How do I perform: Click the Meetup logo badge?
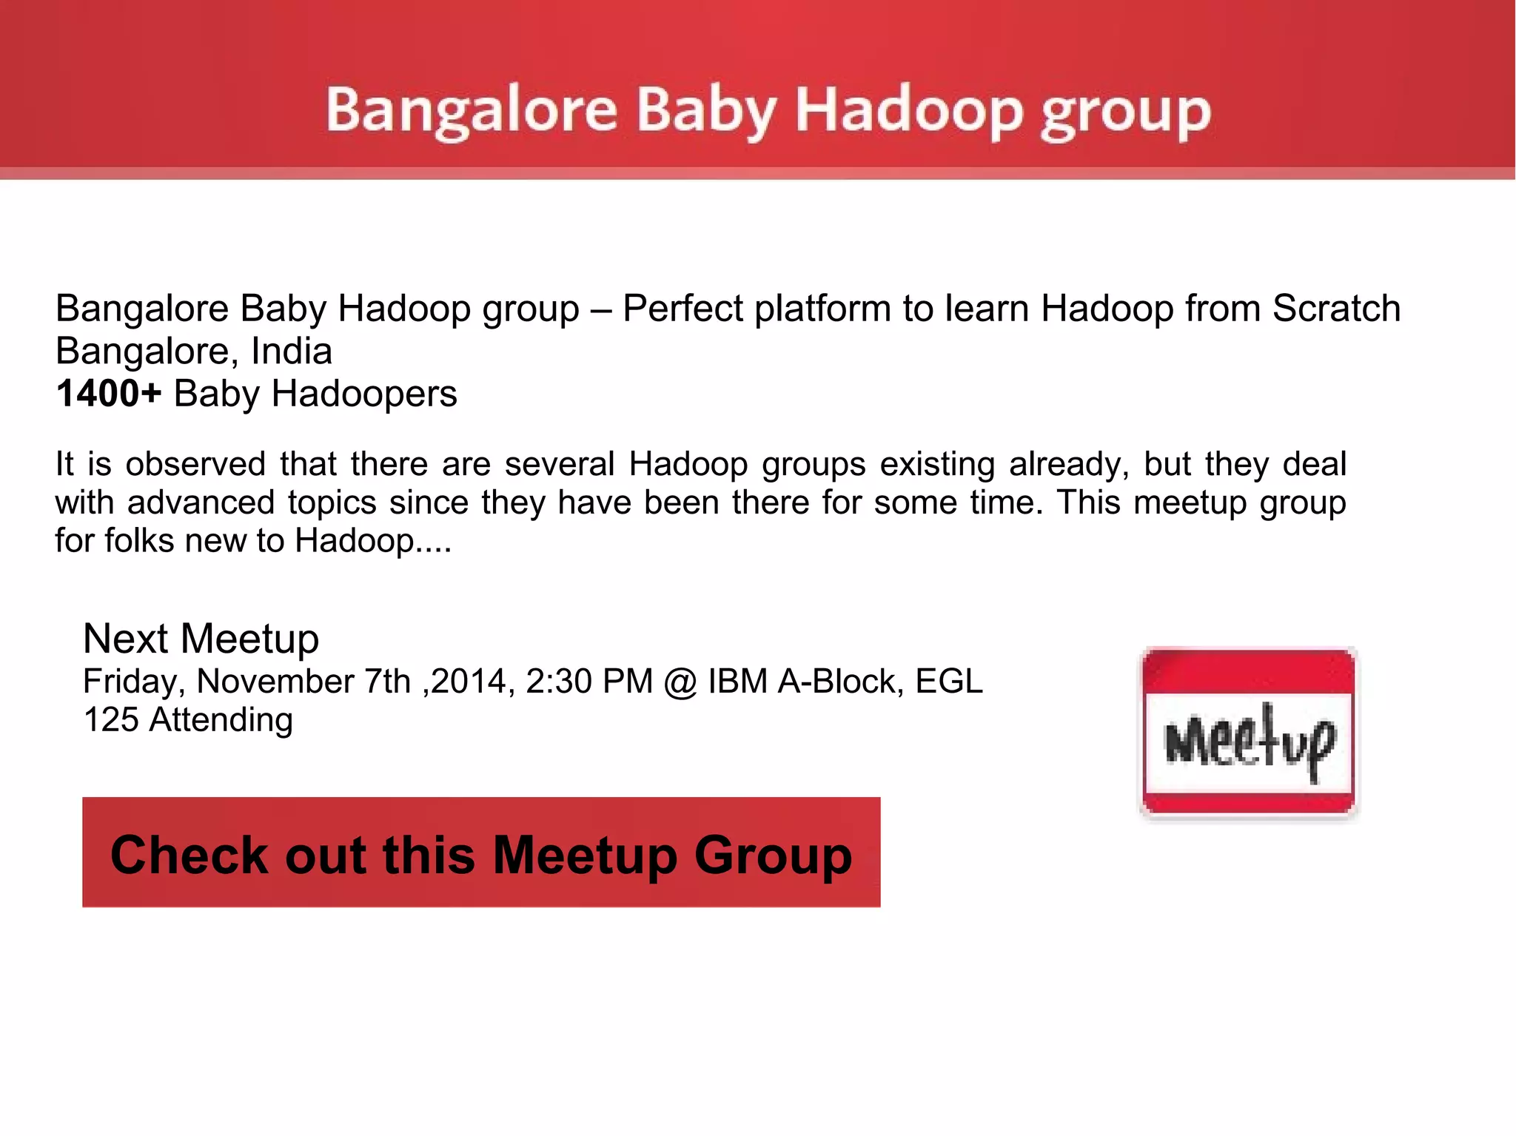pyautogui.click(x=1249, y=733)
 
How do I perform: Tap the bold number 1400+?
pyautogui.click(x=108, y=394)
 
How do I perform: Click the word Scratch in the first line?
pyautogui.click(x=1336, y=309)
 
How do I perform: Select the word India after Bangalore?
pyautogui.click(x=292, y=352)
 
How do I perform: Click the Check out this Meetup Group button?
pyautogui.click(x=481, y=853)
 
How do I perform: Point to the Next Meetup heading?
pyautogui.click(x=201, y=638)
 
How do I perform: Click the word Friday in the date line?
pyautogui.click(x=133, y=682)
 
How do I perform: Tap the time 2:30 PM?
pyautogui.click(x=589, y=682)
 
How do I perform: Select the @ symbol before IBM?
pyautogui.click(x=680, y=682)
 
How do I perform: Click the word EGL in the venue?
pyautogui.click(x=949, y=682)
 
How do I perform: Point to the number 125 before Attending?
pyautogui.click(x=111, y=720)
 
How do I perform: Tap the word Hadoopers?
pyautogui.click(x=364, y=394)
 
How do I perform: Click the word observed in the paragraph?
pyautogui.click(x=195, y=465)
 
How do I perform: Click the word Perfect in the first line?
pyautogui.click(x=682, y=309)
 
